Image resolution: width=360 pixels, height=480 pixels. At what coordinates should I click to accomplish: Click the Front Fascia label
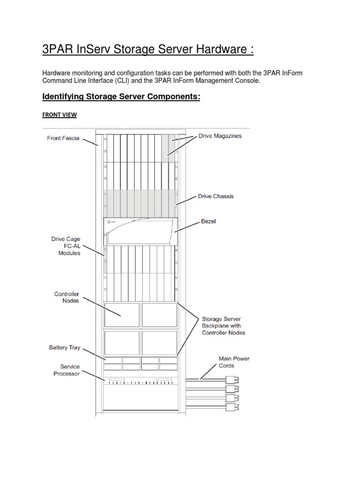[63, 138]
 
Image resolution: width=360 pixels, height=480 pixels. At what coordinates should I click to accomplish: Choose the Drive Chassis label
[216, 196]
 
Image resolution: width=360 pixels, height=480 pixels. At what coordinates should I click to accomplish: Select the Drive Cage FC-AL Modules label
[66, 246]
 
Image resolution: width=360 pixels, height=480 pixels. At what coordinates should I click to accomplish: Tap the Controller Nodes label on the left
[67, 297]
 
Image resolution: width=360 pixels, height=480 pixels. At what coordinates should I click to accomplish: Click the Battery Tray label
[65, 348]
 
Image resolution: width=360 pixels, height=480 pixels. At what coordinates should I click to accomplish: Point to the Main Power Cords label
[234, 362]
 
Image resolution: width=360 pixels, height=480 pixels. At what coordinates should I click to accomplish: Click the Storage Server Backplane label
[223, 325]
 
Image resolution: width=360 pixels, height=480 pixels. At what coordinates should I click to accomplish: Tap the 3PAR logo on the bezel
[111, 222]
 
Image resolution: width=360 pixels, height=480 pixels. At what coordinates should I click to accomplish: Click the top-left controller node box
[121, 315]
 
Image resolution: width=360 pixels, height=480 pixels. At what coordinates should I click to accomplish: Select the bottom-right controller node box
[159, 343]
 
